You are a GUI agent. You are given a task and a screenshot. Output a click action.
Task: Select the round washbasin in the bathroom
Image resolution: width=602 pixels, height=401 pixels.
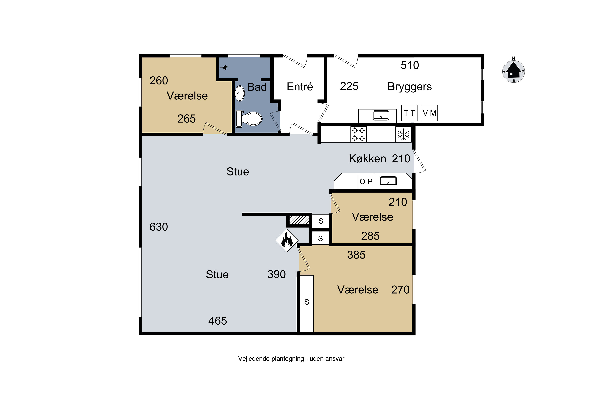pos(240,93)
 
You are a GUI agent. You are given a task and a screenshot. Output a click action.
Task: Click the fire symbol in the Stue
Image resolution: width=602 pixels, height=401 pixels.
pos(287,240)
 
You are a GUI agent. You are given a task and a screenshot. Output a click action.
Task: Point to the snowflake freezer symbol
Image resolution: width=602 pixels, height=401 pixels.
pos(403,134)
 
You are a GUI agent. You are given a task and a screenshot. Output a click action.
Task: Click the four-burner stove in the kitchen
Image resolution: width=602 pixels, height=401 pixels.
pos(358,134)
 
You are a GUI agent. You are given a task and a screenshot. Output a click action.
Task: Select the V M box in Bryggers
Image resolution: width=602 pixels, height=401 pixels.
pos(429,113)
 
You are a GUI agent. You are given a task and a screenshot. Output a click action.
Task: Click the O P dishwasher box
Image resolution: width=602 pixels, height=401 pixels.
pos(366,181)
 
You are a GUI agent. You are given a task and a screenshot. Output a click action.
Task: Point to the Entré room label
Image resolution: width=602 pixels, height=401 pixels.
pos(300,86)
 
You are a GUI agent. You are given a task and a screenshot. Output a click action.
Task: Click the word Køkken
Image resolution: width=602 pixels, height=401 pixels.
pos(367,159)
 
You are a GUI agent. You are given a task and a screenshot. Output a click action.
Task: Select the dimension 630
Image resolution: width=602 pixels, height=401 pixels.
pos(159,227)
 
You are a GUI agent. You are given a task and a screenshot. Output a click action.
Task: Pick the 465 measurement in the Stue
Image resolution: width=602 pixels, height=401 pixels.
pos(218,321)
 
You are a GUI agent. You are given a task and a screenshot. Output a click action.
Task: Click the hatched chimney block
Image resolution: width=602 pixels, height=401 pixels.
pos(299,220)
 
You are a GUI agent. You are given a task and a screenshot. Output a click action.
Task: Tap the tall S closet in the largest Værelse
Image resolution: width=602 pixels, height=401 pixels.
pos(307,304)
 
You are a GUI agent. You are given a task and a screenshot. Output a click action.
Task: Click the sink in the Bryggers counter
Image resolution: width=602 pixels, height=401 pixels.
pos(381,115)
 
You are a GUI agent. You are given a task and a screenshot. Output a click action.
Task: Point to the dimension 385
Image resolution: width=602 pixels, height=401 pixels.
pos(356,255)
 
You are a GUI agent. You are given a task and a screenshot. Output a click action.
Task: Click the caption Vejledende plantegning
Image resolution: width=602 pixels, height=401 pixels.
pos(271,359)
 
